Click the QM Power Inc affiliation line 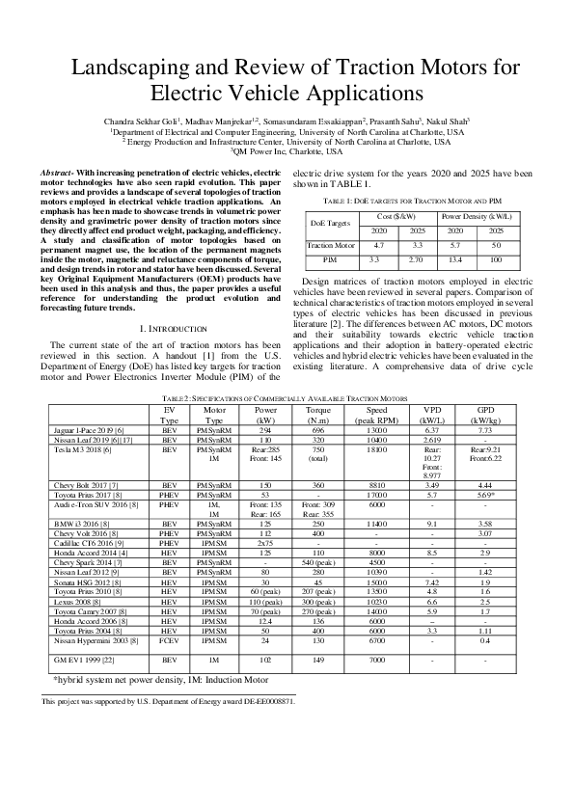tap(287, 151)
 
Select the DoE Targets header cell tap(331, 223)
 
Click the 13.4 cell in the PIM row tap(455, 260)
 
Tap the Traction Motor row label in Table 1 tap(331, 246)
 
